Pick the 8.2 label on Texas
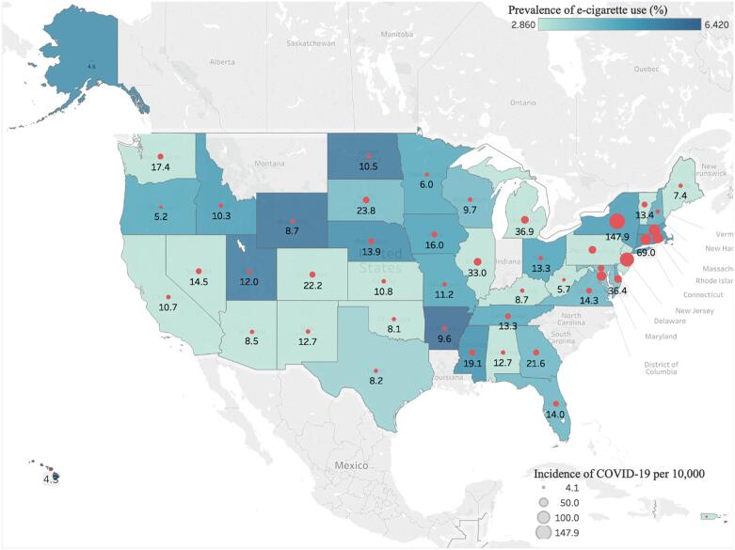(x=375, y=381)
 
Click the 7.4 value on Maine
(x=680, y=195)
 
